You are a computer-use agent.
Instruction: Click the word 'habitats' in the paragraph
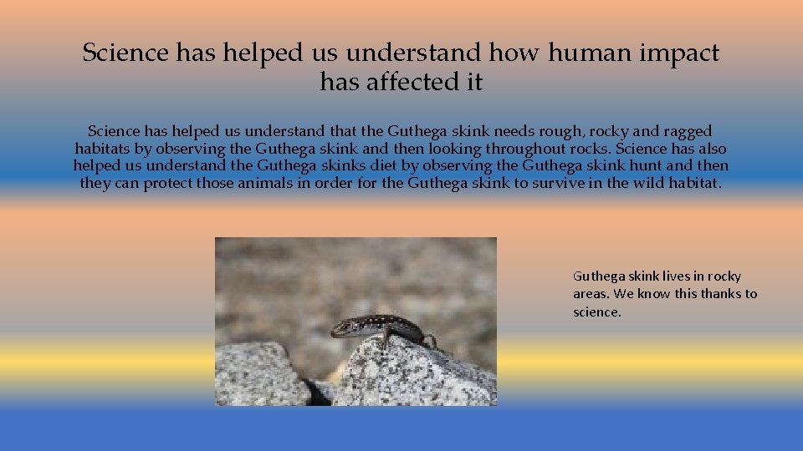102,149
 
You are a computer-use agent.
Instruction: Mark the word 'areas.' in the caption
591,293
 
